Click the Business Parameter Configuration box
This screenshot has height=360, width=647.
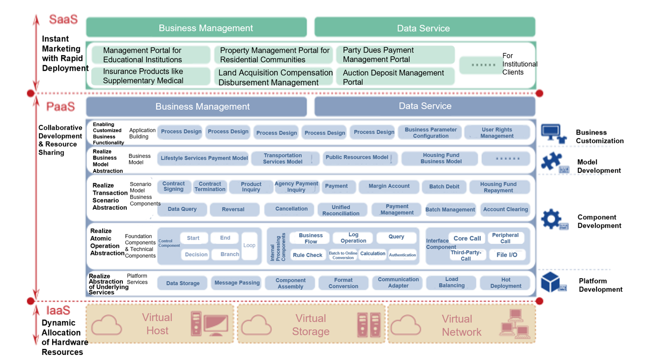430,132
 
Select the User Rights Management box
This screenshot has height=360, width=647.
497,132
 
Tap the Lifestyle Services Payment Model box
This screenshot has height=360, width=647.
204,158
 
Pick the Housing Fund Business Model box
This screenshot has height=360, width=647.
441,158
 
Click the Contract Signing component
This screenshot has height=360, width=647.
173,187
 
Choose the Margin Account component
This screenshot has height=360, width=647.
389,187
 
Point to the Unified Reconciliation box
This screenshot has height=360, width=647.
341,210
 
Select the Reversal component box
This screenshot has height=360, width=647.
233,209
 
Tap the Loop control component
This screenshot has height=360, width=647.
249,246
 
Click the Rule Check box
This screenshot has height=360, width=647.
307,255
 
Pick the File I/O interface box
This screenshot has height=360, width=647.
506,255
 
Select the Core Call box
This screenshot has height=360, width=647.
467,238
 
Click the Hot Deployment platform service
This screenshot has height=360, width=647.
505,283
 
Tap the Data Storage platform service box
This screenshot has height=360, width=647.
182,283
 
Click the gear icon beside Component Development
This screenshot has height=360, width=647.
551,219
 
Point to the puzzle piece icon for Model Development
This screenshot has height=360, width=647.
551,161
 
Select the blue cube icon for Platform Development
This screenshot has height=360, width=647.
551,282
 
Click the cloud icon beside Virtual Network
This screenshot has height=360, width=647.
406,325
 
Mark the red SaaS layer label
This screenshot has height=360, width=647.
63,20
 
